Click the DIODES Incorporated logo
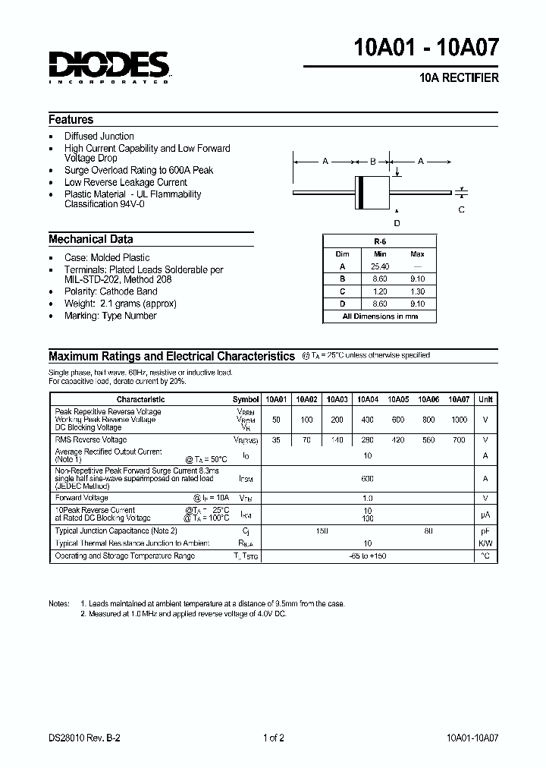click(109, 68)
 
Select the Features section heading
click(71, 120)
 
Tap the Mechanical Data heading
click(90, 239)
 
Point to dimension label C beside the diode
click(461, 209)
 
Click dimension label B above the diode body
click(372, 162)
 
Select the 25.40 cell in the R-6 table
click(381, 266)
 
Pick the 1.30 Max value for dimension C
click(417, 291)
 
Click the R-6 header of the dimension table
click(380, 241)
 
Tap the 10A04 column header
click(368, 399)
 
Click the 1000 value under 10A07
click(460, 420)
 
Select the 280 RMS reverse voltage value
click(368, 440)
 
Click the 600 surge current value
click(368, 479)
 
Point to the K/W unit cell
click(486, 543)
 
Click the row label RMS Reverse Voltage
click(90, 440)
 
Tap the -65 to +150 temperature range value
click(368, 556)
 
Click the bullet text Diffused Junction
click(99, 137)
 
